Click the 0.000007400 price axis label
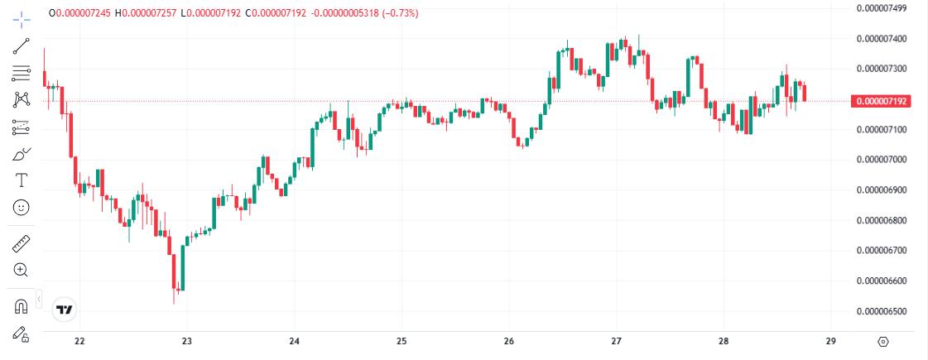(884, 39)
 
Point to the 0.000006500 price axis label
(884, 312)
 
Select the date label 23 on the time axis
(187, 341)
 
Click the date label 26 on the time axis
(509, 341)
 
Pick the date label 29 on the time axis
(831, 341)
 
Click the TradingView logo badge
(64, 310)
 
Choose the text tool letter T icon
(22, 180)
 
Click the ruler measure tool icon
(22, 243)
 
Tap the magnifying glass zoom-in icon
(22, 270)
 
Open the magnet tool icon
(22, 307)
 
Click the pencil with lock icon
(22, 334)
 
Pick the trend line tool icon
(22, 46)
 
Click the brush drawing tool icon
(22, 154)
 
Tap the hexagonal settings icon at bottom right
(883, 341)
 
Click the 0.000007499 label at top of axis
(884, 8)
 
